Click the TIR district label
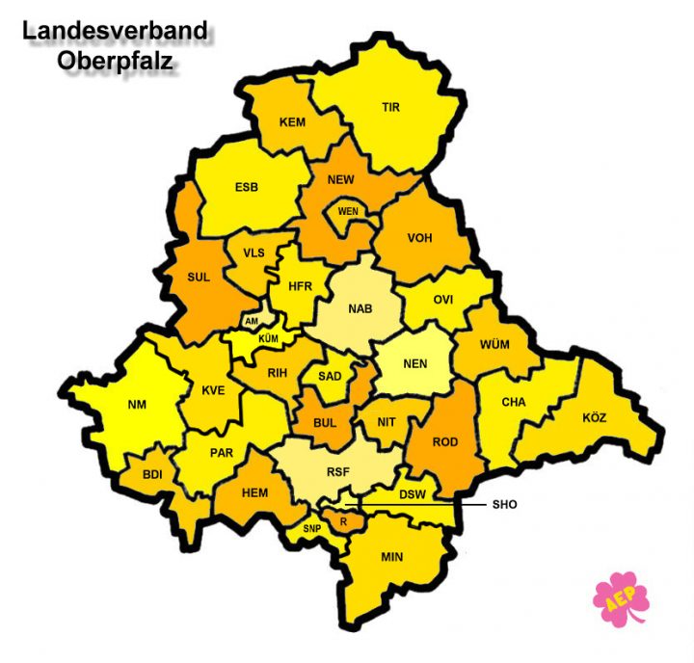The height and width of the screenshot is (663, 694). coord(390,108)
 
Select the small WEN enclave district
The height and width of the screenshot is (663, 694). coord(348,211)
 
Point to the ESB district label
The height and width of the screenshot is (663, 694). coord(247,187)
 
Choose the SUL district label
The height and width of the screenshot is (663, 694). coord(199,278)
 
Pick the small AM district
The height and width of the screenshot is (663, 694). coord(253,322)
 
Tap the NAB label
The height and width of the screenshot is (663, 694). coord(360,309)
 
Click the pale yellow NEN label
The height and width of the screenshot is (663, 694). coord(415,364)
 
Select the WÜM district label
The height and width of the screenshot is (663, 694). coord(494,345)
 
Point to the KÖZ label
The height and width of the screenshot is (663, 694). coord(595,418)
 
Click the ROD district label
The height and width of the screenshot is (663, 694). coord(445,442)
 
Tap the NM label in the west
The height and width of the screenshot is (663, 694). coord(137,405)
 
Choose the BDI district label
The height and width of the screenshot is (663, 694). coord(152,474)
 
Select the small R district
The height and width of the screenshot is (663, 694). coord(343,520)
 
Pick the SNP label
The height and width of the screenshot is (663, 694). coord(311,529)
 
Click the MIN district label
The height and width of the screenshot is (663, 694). coord(392,557)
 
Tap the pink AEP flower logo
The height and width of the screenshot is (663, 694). coord(620,598)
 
